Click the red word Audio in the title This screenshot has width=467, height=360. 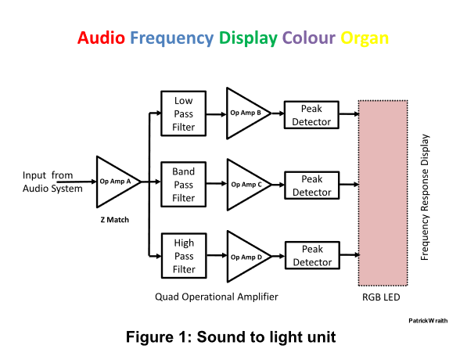pyautogui.click(x=102, y=38)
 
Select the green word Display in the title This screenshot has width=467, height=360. pyautogui.click(x=249, y=38)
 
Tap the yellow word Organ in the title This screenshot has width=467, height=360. pyautogui.click(x=364, y=38)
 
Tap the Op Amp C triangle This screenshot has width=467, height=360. pyautogui.click(x=246, y=185)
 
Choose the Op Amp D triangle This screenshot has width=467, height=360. pyautogui.click(x=246, y=256)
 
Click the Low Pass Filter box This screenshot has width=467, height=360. pyautogui.click(x=184, y=113)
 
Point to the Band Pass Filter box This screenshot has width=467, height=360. pyautogui.click(x=184, y=183)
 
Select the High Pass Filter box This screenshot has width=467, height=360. pyautogui.click(x=184, y=256)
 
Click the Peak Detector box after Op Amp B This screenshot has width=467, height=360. pyautogui.click(x=311, y=114)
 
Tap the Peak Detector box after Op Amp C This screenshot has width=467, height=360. pyautogui.click(x=311, y=185)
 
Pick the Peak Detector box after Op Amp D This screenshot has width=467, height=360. pyautogui.click(x=311, y=256)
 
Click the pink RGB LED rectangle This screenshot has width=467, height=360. pyautogui.click(x=383, y=193)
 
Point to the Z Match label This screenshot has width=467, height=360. pyautogui.click(x=113, y=220)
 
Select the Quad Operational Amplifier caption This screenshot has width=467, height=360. pyautogui.click(x=217, y=297)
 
